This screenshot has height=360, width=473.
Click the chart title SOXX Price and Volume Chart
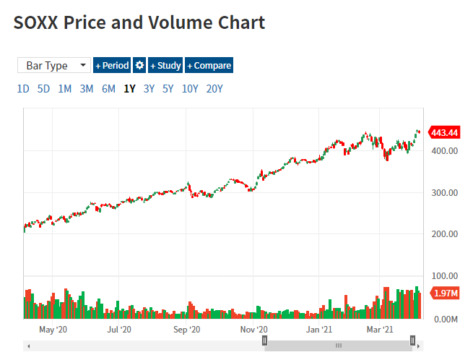pos(139,22)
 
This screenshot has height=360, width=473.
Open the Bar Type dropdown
pos(54,66)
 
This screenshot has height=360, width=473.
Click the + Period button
pos(112,66)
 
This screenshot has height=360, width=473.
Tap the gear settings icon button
pos(140,66)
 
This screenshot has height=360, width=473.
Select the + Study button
pos(165,66)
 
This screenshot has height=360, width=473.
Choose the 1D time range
pos(23,89)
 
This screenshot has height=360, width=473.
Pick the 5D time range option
pos(44,89)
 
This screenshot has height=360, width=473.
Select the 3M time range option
pos(87,89)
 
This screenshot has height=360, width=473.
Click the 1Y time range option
pos(130,89)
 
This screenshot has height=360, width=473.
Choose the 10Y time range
pos(191,89)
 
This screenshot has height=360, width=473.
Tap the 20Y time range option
pos(214,89)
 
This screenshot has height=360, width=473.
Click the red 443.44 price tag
pos(444,132)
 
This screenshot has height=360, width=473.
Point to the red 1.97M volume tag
pos(444,293)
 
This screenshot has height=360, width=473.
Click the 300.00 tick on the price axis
pos(444,193)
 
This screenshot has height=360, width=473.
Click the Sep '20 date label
pos(187,330)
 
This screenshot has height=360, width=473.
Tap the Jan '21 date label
pos(318,330)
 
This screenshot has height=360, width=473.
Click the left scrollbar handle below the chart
pos(265,340)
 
